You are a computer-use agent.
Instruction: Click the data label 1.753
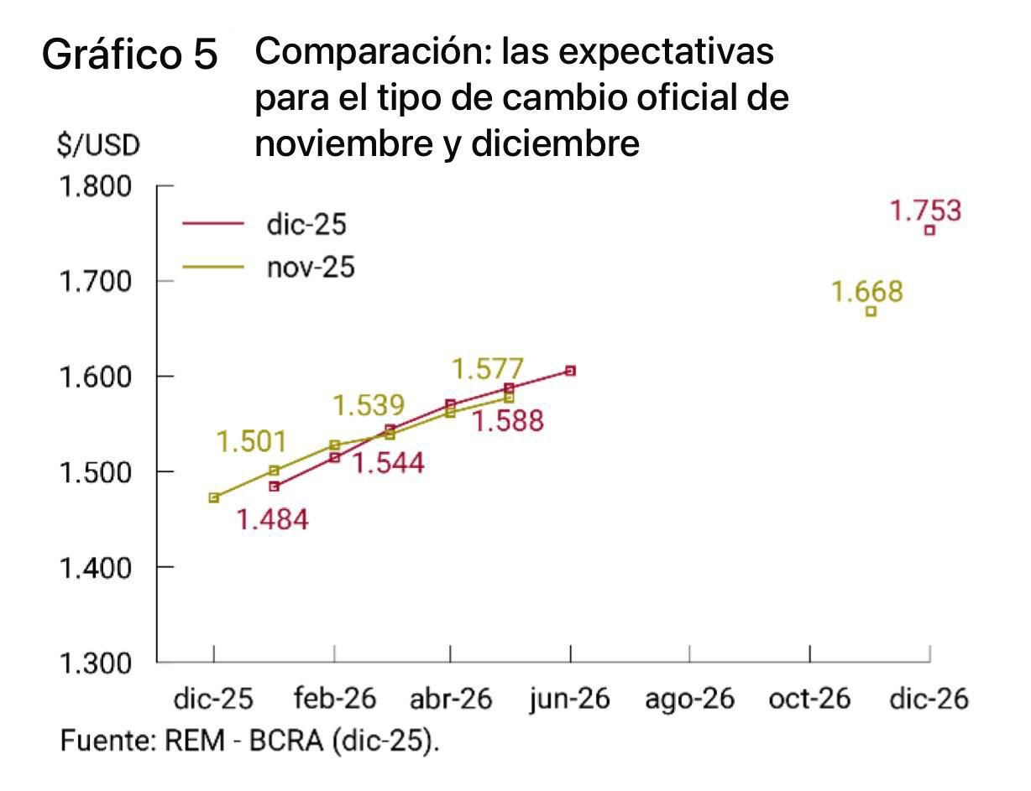(x=926, y=211)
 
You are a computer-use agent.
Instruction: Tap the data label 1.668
(x=867, y=292)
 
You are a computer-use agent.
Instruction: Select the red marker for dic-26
(x=929, y=230)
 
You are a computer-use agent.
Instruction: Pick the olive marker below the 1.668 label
(x=871, y=311)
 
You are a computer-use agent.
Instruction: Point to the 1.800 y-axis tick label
(x=96, y=185)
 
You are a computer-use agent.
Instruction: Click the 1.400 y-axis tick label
(x=96, y=567)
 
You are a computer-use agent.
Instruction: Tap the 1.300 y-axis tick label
(x=96, y=663)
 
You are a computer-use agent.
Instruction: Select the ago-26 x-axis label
(x=689, y=699)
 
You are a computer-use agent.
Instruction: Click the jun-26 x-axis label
(x=570, y=699)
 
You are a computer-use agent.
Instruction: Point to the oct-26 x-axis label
(x=809, y=699)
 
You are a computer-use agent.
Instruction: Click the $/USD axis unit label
(x=98, y=146)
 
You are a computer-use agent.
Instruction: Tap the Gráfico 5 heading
(x=130, y=56)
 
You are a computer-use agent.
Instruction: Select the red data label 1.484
(x=272, y=520)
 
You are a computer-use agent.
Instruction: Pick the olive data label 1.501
(x=251, y=442)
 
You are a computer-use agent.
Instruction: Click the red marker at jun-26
(x=570, y=371)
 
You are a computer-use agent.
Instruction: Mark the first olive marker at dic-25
(x=214, y=497)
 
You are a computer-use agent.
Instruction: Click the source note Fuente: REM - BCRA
(x=250, y=742)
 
